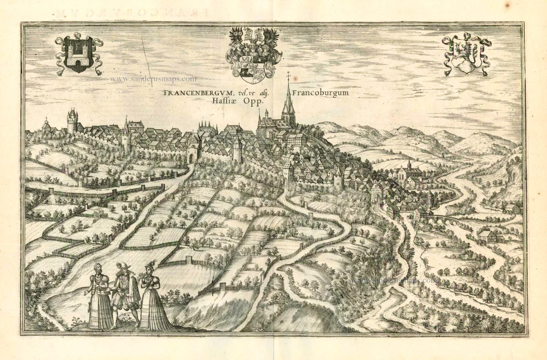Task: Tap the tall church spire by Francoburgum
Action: point(288,101)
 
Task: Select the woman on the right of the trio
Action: point(152,298)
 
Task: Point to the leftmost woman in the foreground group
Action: point(98,298)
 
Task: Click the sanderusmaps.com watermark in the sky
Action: point(153,79)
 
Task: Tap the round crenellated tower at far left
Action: point(72,121)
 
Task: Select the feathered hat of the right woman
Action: point(149,266)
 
